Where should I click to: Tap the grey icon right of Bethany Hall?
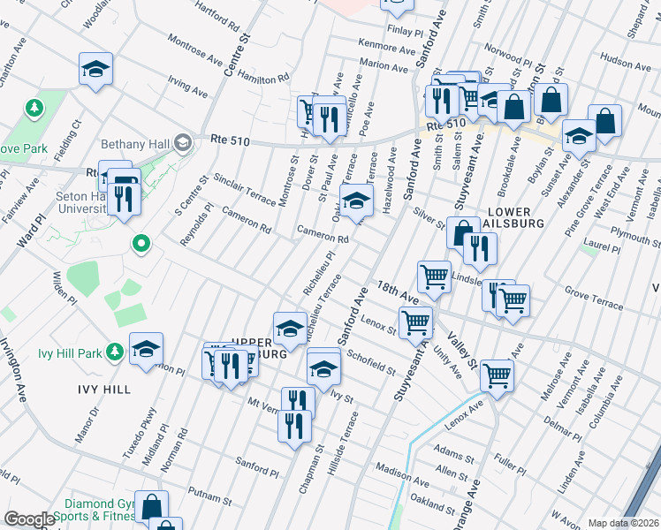pyautogui.click(x=184, y=141)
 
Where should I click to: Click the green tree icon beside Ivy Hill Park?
pyautogui.click(x=114, y=353)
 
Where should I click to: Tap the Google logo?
pyautogui.click(x=29, y=519)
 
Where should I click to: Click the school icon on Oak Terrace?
pyautogui.click(x=356, y=202)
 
